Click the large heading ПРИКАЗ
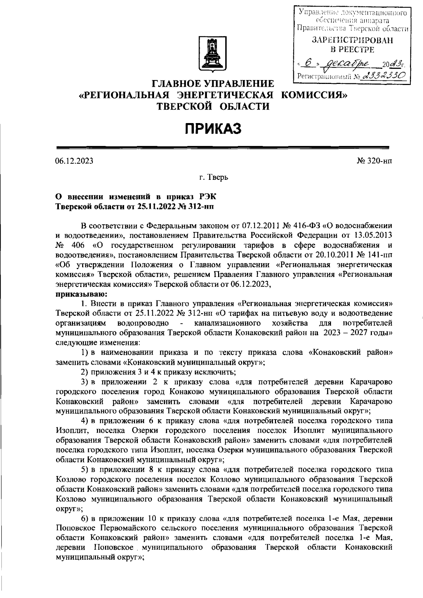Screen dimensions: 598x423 tap(213, 129)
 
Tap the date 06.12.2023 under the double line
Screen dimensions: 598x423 tap(74, 161)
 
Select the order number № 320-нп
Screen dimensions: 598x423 tap(374, 161)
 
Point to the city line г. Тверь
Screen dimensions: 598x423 tap(214, 178)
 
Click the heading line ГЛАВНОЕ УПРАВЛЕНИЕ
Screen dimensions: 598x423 tap(213, 84)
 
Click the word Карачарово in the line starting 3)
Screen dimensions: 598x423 tap(370, 382)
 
